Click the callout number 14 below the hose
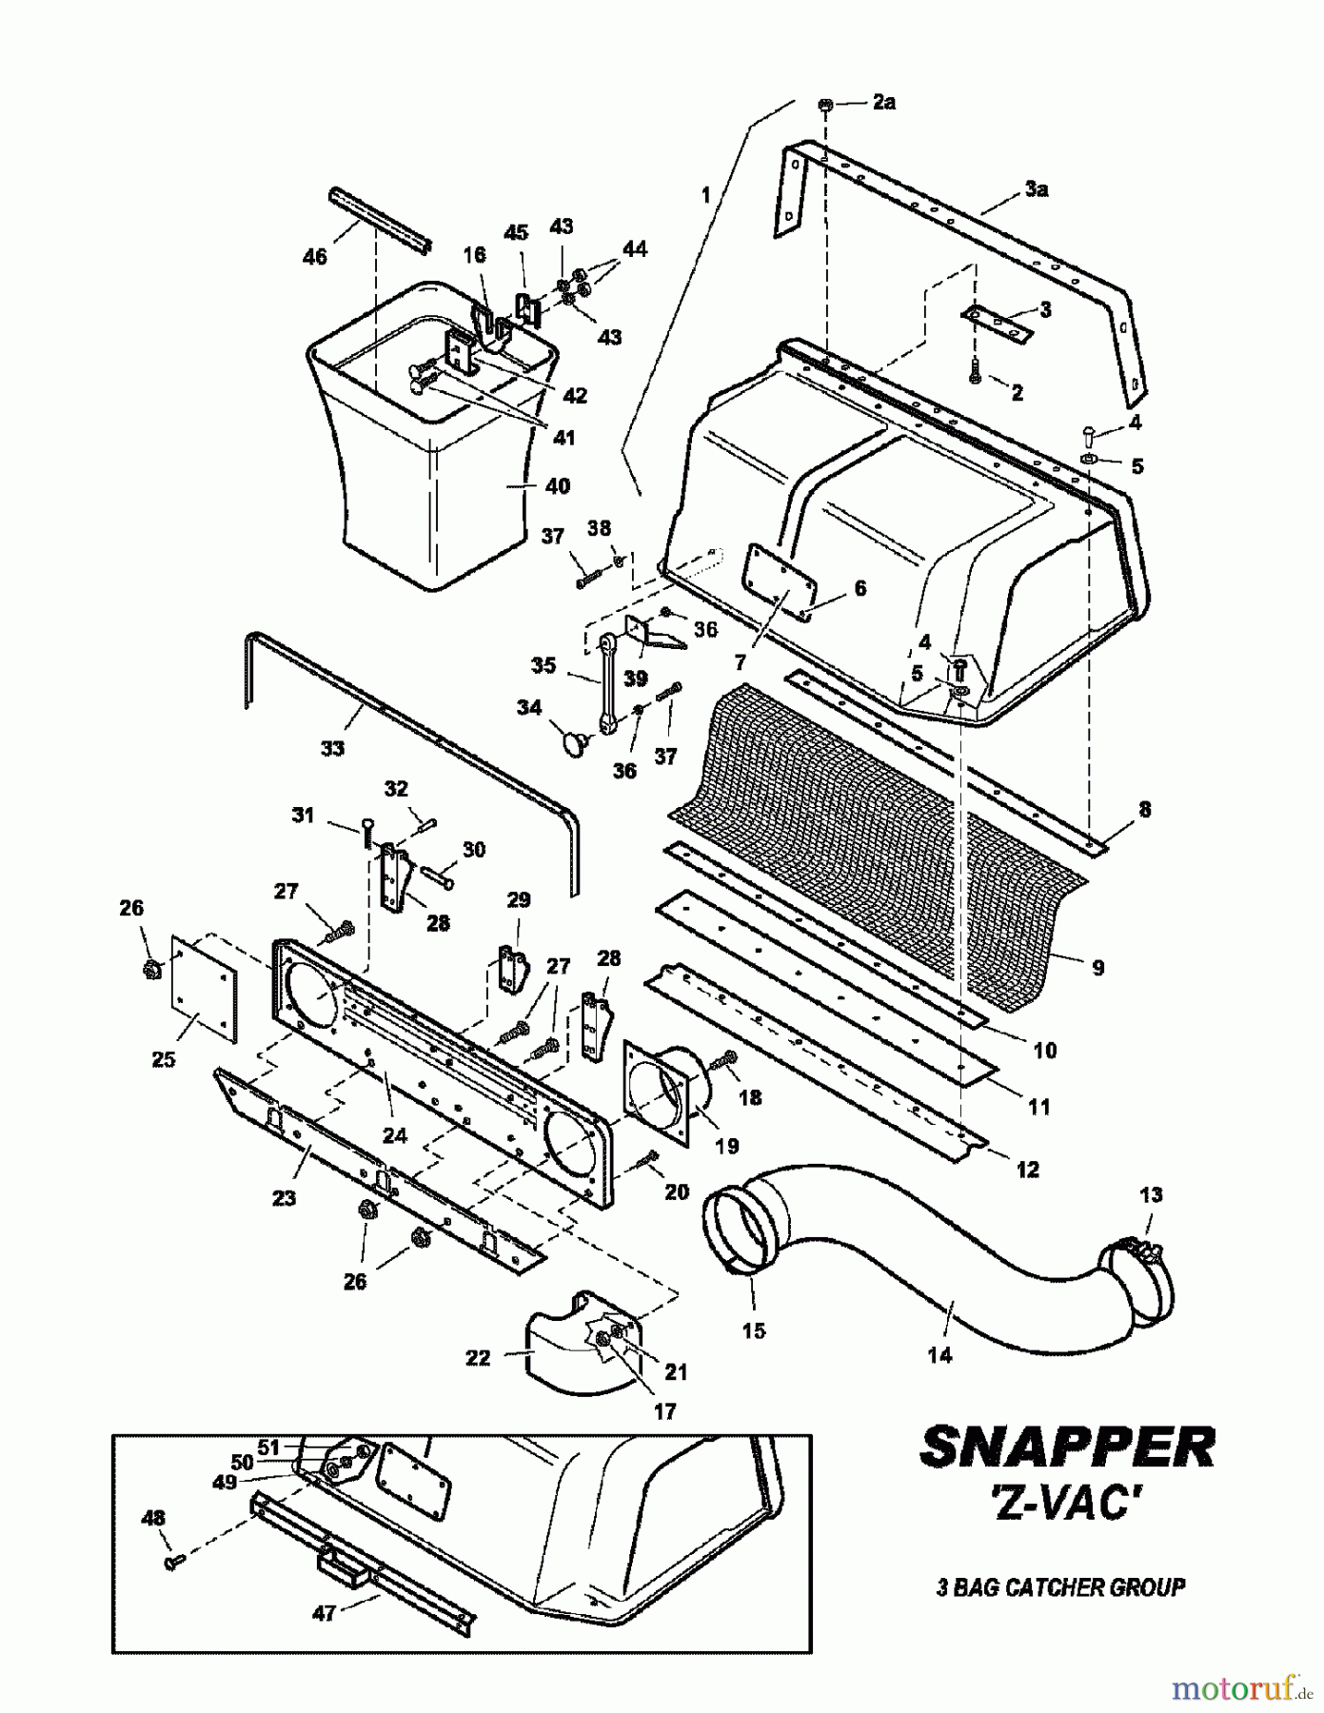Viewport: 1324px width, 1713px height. point(939,1355)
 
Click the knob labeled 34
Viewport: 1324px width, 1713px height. point(575,742)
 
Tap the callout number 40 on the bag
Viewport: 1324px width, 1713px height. point(557,486)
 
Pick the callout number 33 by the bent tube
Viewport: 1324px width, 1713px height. point(331,748)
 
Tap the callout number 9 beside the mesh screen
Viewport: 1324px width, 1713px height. point(1097,968)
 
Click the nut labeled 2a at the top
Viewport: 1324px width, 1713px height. point(826,105)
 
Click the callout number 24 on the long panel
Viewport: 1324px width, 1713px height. point(394,1135)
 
